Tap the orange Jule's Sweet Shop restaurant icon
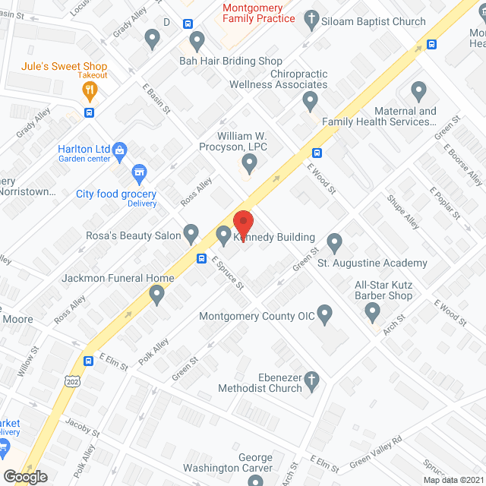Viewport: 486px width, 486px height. (x=90, y=91)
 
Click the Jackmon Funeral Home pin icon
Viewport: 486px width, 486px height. (x=157, y=294)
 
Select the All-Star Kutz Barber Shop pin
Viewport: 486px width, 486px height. (x=372, y=311)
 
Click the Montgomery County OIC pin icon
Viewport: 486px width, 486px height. (x=325, y=313)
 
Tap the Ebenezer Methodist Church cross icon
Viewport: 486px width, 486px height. (x=312, y=378)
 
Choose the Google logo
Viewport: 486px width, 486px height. (x=25, y=476)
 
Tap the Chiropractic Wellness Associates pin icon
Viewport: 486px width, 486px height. (x=310, y=100)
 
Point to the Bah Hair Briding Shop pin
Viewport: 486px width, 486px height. (x=197, y=39)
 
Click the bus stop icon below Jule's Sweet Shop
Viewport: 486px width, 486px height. (x=90, y=113)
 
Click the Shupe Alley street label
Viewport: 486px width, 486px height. (x=403, y=212)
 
